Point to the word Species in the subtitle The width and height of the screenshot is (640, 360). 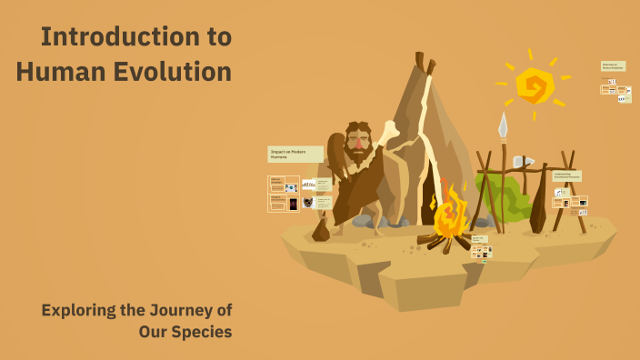[201, 332]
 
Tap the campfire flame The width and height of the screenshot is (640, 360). [449, 216]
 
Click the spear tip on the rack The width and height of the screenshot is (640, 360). [503, 125]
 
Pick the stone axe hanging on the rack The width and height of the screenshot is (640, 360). [521, 162]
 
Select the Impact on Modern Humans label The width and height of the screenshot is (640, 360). [295, 154]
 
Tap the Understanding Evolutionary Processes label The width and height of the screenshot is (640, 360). [566, 175]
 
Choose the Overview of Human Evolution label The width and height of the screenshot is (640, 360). [613, 66]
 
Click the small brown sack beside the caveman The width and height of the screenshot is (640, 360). [320, 231]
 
